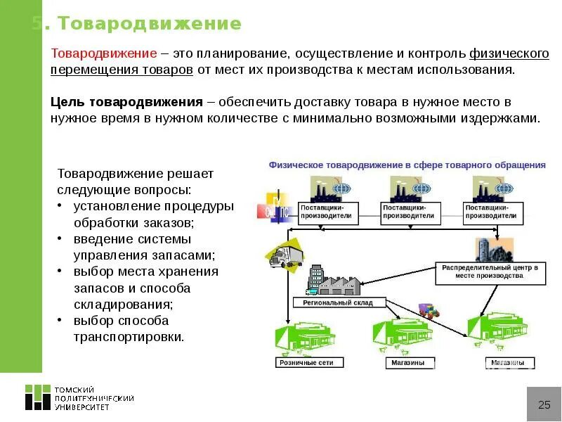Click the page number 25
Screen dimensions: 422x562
[544, 404]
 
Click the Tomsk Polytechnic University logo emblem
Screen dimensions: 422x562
[38, 397]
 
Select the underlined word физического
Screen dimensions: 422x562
[509, 54]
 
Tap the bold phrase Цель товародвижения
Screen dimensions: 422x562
[126, 102]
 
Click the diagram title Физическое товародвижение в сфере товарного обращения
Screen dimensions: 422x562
[407, 165]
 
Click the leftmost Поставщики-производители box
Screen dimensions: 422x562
[329, 212]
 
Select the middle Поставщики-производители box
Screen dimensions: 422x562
[411, 212]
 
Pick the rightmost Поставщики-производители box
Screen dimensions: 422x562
[493, 212]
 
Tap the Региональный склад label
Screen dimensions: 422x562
[338, 303]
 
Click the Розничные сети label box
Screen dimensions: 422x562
[310, 363]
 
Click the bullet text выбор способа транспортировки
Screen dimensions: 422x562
[129, 328]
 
